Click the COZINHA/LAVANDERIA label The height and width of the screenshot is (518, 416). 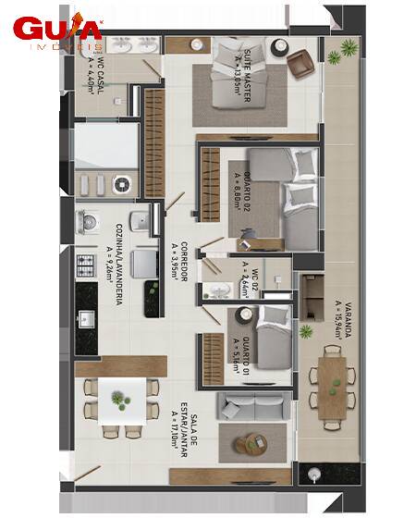(115, 254)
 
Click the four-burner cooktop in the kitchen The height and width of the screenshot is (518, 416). (87, 265)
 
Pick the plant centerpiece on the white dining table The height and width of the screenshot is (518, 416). (120, 401)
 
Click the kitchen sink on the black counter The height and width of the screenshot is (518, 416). (87, 319)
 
